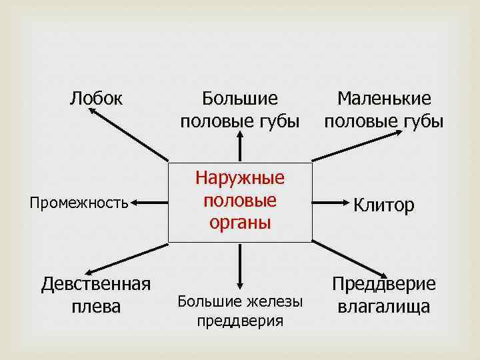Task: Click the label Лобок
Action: coord(96,99)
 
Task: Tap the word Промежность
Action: coord(79,202)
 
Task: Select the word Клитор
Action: coord(383,205)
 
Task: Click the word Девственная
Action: coord(96,284)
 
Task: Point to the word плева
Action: coord(96,307)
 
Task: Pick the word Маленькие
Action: coord(384,99)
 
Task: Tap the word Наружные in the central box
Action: coord(240,178)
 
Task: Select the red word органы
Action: coord(240,223)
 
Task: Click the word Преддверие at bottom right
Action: coord(383,284)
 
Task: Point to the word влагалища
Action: coord(383,307)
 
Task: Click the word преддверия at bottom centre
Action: coord(240,321)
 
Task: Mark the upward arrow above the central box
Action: coord(240,147)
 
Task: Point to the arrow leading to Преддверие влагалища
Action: coord(350,260)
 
